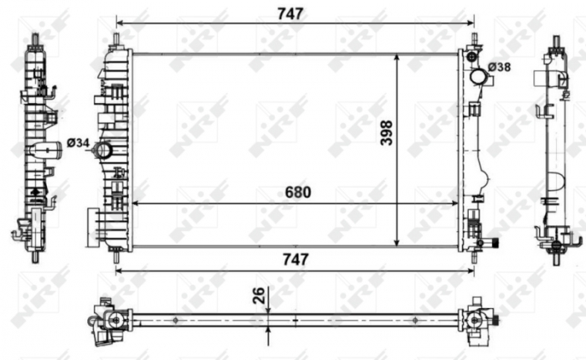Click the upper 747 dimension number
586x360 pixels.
(x=293, y=13)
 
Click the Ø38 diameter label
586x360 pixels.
(x=500, y=66)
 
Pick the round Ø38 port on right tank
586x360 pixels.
(x=478, y=76)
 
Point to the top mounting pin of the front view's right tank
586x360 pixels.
(x=474, y=40)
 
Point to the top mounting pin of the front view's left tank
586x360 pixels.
(x=116, y=39)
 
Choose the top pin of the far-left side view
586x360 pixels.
(x=35, y=39)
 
